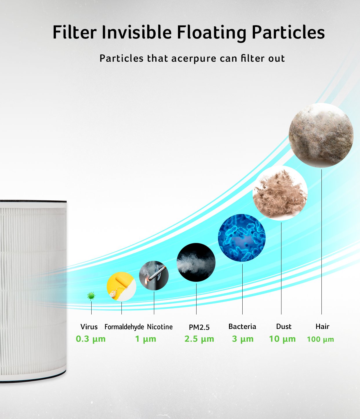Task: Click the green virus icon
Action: [91, 296]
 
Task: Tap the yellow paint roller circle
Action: [121, 287]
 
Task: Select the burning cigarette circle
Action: [154, 275]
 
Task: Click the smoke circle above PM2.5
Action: [196, 262]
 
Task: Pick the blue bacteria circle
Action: [242, 238]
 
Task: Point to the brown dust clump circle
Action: [280, 193]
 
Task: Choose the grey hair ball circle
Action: [321, 135]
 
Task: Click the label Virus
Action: [89, 327]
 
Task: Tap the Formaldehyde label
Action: [124, 327]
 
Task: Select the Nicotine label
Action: [160, 327]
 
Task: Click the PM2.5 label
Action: [199, 327]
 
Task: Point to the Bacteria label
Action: [242, 327]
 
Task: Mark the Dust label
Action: [284, 327]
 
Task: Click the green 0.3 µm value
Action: [91, 339]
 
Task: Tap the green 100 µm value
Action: [320, 339]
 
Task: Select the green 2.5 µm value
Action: [199, 339]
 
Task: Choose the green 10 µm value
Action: [282, 339]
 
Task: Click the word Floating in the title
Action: [212, 33]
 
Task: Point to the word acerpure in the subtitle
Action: [194, 58]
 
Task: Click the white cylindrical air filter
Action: [33, 292]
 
